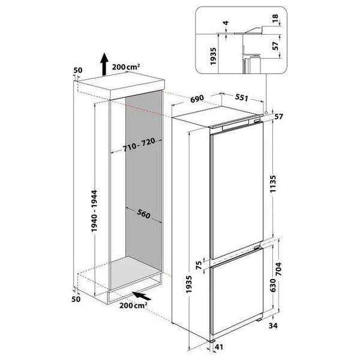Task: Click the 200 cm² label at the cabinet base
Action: point(134,306)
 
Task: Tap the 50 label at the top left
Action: point(77,71)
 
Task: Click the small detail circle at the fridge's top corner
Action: point(268,112)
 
